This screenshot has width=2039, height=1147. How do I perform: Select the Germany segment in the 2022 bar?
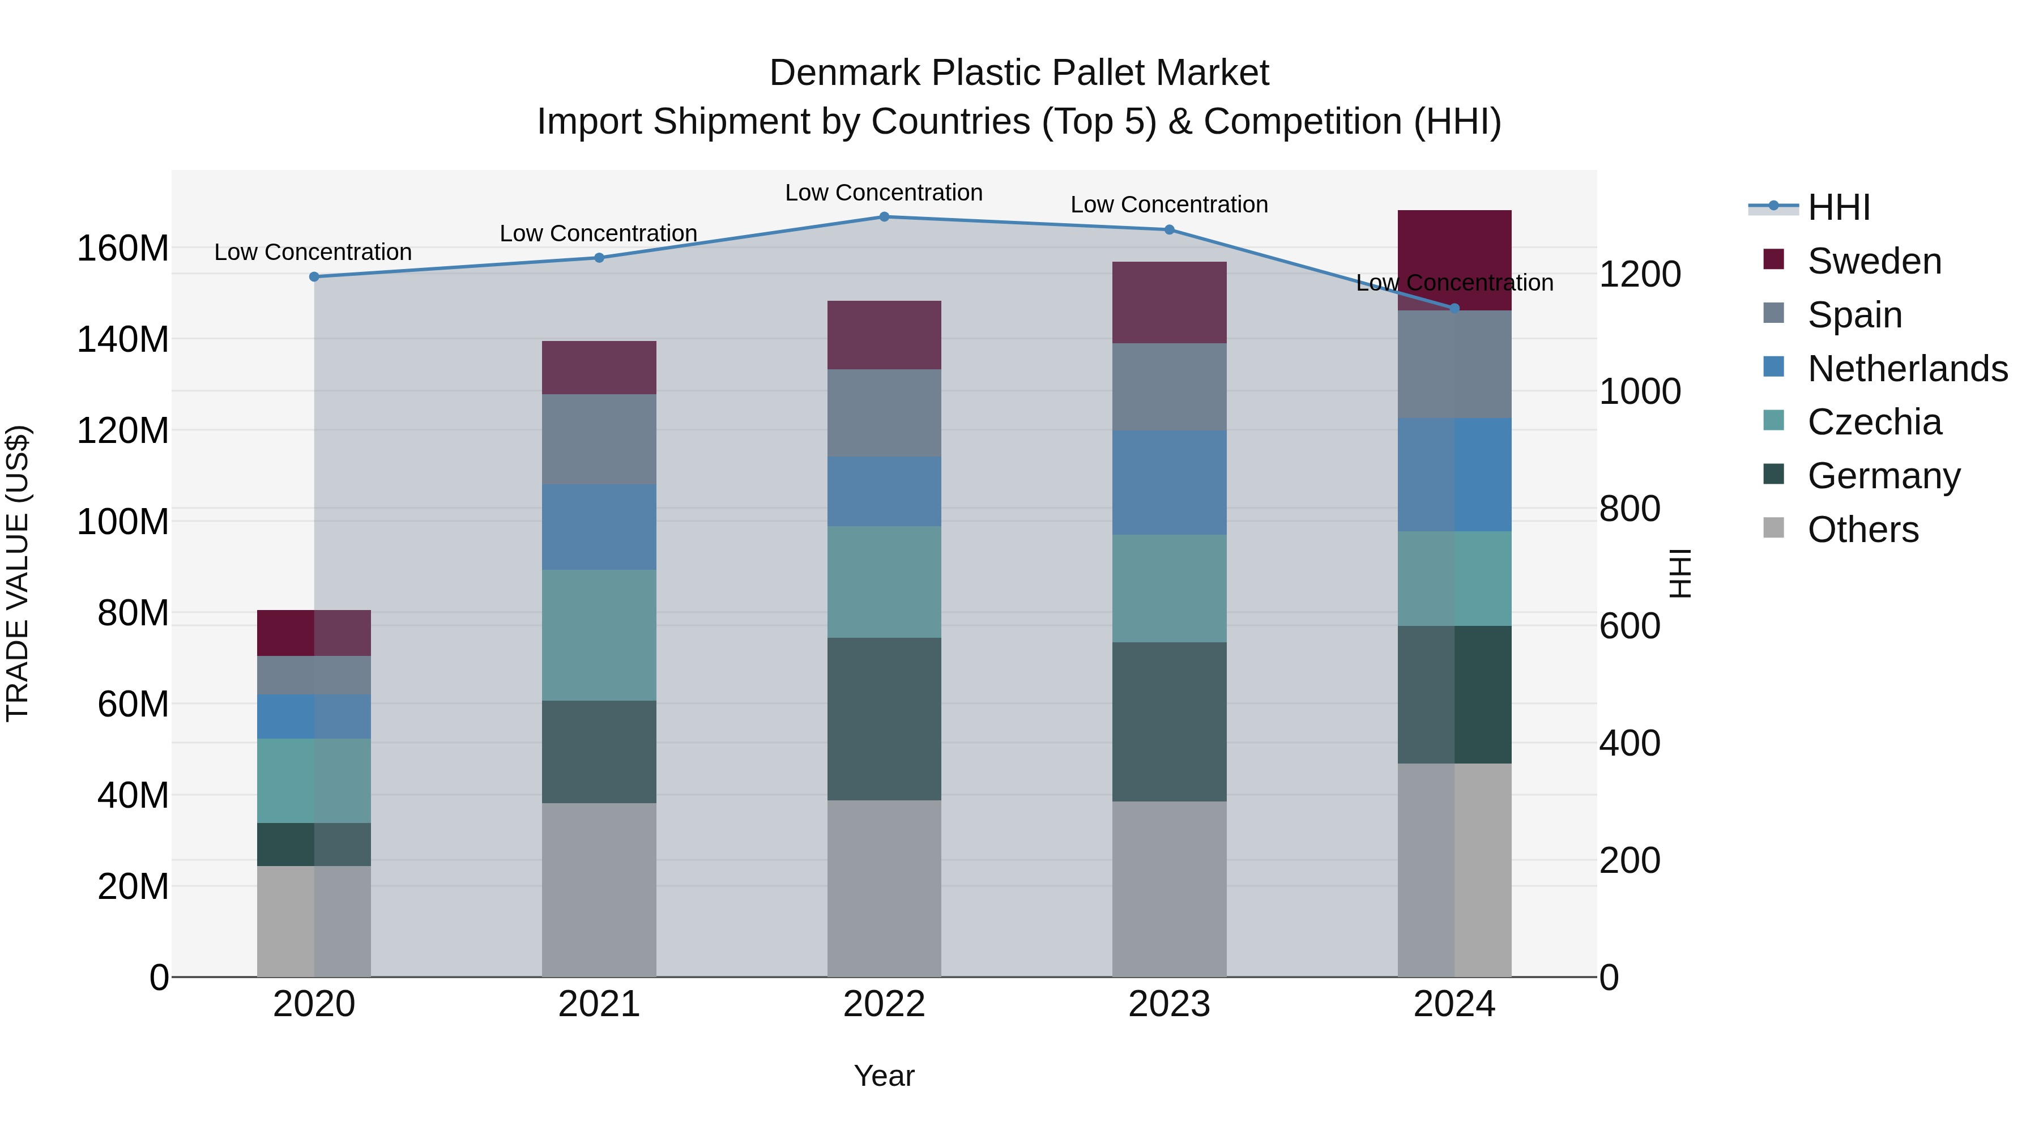(884, 719)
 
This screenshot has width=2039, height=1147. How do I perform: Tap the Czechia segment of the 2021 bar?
(599, 635)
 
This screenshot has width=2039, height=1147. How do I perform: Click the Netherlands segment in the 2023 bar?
(1169, 482)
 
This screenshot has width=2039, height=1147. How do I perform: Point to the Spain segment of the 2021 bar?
(599, 440)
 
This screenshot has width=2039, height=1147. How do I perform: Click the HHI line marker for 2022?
(884, 217)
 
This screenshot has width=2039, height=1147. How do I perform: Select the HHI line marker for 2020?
(314, 277)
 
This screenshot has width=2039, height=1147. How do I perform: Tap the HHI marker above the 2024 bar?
(1454, 309)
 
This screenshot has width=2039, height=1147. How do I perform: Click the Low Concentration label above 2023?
(1169, 205)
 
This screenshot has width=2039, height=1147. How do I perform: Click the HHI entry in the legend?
(1838, 207)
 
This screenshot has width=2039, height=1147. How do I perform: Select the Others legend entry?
(1862, 530)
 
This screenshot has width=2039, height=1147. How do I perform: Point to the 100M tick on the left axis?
(123, 522)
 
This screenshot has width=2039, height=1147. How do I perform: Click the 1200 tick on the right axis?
(1640, 275)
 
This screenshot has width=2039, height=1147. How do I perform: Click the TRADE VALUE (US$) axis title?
(18, 573)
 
